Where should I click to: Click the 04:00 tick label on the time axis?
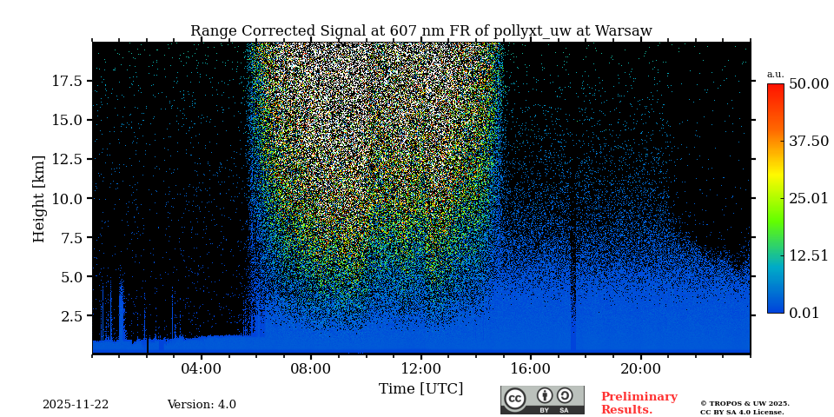pos(202,368)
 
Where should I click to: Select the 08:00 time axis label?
pos(311,368)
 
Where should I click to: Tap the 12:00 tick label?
pos(420,368)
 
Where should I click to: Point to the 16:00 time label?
pos(531,368)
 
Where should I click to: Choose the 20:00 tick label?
pos(640,368)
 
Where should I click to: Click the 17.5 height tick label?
pos(67,81)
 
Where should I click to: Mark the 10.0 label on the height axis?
pos(67,198)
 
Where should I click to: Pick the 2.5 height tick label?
pos(72,315)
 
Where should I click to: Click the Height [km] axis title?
pos(39,198)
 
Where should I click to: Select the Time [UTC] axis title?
pos(420,389)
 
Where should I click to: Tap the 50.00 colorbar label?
pos(808,84)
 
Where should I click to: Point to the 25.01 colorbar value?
pos(808,199)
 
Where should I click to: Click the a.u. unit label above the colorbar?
pos(775,74)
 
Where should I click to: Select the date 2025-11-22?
pos(76,405)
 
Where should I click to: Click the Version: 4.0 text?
pos(202,405)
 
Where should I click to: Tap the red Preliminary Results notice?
pos(639,403)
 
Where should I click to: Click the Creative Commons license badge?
pos(542,400)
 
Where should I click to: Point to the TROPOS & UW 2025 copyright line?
pos(745,404)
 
